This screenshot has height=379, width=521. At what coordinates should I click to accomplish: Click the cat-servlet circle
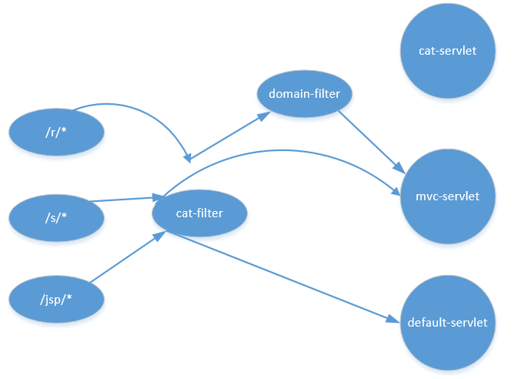[447, 52]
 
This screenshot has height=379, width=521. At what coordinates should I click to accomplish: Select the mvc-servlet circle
[447, 196]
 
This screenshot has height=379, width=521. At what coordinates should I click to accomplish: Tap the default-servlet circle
[447, 322]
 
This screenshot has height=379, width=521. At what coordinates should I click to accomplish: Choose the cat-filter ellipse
[199, 213]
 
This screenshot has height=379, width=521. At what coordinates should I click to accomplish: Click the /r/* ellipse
[56, 132]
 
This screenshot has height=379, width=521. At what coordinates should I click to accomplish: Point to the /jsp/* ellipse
[56, 298]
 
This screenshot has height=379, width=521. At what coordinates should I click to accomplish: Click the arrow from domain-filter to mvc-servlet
[371, 140]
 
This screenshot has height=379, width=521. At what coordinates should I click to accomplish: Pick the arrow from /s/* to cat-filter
[123, 200]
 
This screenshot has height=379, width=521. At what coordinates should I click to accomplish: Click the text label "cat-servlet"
[447, 51]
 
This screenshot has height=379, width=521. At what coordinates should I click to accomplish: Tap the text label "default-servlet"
[447, 322]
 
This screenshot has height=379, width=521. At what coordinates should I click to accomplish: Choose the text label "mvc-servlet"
[447, 196]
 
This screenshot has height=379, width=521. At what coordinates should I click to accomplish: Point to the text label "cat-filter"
[199, 213]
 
